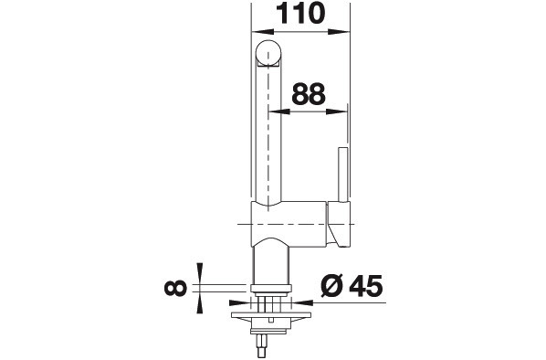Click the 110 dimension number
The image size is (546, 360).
(x=300, y=13)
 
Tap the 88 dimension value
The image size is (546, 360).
(x=309, y=94)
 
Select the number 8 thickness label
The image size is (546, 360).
(x=175, y=288)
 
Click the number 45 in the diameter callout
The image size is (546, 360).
(x=366, y=286)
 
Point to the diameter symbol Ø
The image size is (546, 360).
(x=332, y=286)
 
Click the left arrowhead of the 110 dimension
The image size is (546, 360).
(x=262, y=32)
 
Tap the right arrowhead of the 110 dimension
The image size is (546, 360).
(x=338, y=32)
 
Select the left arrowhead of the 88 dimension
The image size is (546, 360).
(x=279, y=111)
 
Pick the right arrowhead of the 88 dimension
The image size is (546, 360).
(x=337, y=111)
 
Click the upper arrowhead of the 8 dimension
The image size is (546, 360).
(x=200, y=273)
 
